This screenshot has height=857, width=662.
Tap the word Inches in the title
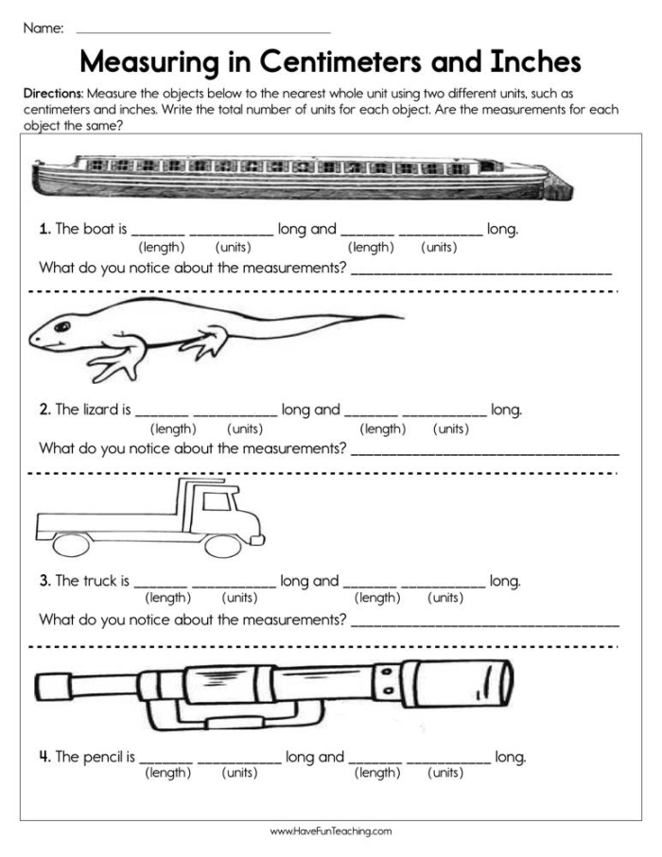click(x=533, y=62)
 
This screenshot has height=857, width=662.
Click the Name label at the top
click(x=43, y=28)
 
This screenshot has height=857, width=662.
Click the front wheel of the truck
click(x=223, y=545)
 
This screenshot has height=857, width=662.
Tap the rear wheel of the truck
click(x=69, y=545)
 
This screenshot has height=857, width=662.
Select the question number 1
click(x=44, y=229)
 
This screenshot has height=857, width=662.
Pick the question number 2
click(x=44, y=410)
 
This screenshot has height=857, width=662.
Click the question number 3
click(x=44, y=581)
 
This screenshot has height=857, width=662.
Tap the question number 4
click(x=44, y=757)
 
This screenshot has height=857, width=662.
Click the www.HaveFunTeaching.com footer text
click(x=330, y=831)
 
